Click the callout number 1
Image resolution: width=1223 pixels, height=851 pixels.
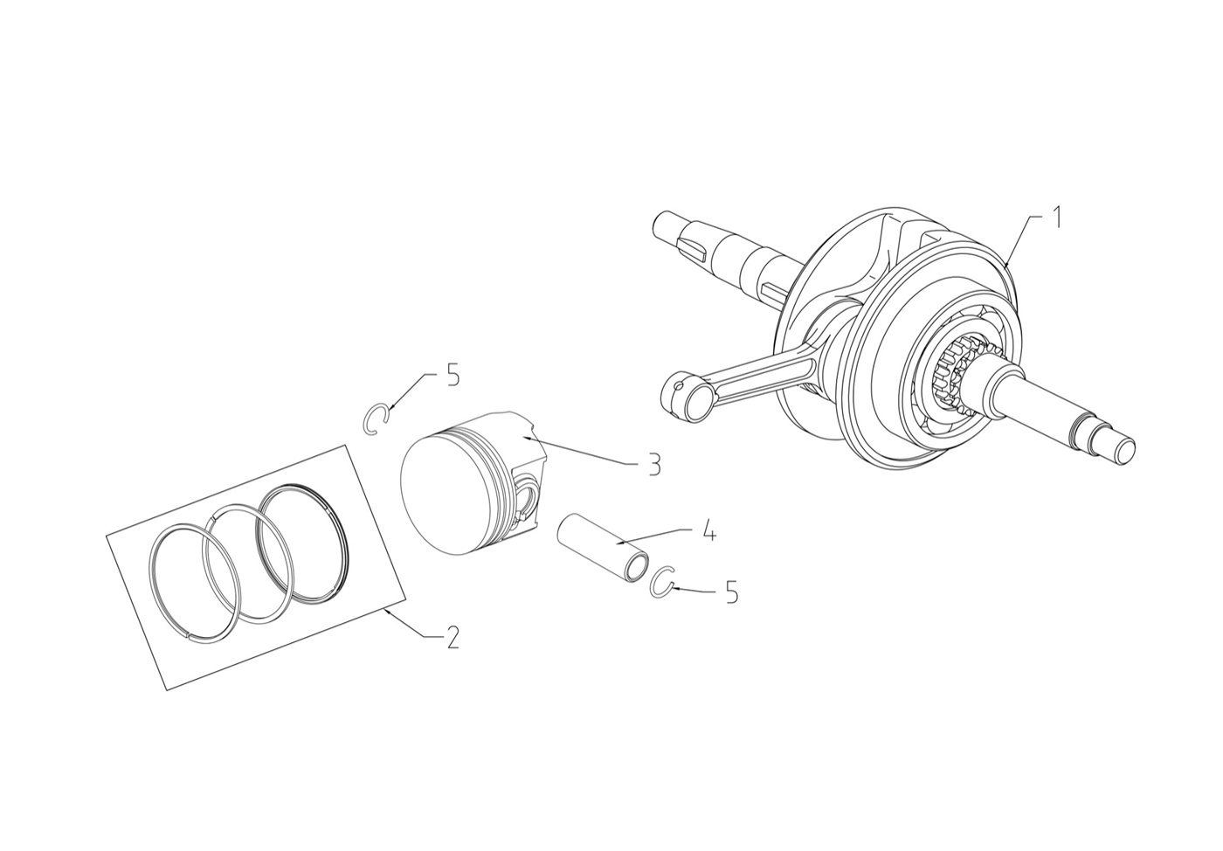point(1057,218)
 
